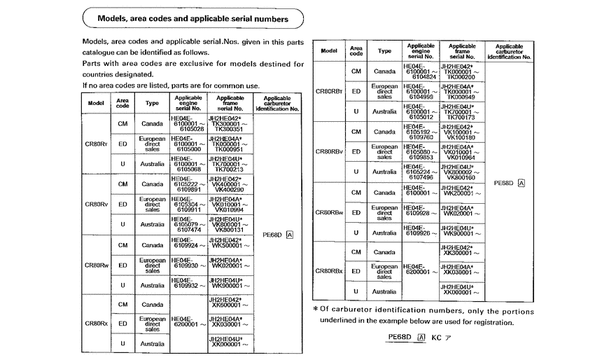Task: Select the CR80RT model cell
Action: tap(96, 144)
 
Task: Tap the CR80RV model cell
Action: tap(96, 205)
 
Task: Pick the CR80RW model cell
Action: tap(96, 265)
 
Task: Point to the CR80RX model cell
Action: tap(96, 324)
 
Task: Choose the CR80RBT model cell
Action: tap(329, 91)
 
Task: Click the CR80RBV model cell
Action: tap(329, 151)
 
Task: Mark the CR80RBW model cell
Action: tap(329, 212)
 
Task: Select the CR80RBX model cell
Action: tap(329, 271)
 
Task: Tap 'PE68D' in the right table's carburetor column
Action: tap(503, 183)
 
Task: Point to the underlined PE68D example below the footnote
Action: tap(399, 337)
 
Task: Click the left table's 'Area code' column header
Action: tap(122, 103)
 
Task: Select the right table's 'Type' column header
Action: tap(384, 51)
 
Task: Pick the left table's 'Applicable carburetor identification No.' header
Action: tap(277, 104)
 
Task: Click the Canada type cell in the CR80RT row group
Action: tap(152, 123)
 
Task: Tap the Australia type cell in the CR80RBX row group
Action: tap(384, 291)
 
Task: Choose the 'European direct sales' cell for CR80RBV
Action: tap(384, 151)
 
